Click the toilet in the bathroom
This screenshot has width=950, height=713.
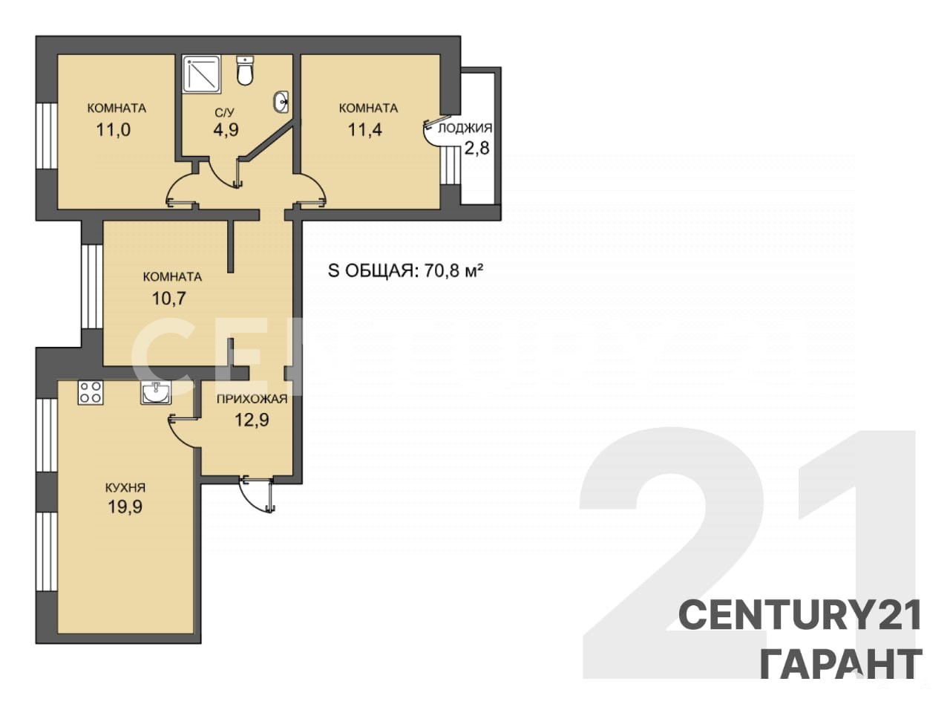pos(245,70)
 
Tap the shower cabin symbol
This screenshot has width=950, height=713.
pos(202,74)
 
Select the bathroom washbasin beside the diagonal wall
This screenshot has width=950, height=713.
pos(282,102)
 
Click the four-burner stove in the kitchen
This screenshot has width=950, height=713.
pos(91,393)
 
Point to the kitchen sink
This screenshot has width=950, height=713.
pos(156,393)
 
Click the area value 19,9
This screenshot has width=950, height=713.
pos(125,507)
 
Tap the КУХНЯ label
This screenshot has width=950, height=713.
pos(125,488)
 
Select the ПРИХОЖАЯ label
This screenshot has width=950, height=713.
pos(252,399)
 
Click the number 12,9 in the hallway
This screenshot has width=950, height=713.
pos(252,420)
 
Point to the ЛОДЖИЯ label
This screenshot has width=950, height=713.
pos(465,128)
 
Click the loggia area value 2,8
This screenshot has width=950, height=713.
pos(477,149)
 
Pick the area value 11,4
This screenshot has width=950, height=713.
pos(365,130)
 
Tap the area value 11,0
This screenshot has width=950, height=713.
pos(114,130)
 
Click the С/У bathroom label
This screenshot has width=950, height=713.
pos(224,114)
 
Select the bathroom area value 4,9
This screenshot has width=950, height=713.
pos(226,130)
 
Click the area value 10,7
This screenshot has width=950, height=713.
pos(169,299)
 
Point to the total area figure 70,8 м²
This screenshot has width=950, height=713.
pos(453,271)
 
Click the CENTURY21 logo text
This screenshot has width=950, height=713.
pos(800,616)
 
